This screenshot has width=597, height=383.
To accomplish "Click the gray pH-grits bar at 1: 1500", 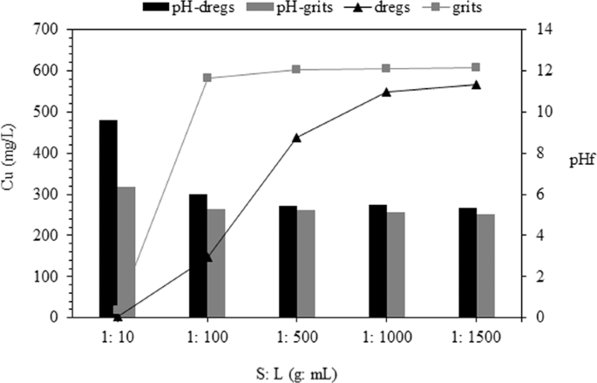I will [x=485, y=266].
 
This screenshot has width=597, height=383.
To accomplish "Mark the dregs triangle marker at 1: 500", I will [x=296, y=137].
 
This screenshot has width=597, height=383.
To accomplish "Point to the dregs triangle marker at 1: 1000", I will [x=386, y=92].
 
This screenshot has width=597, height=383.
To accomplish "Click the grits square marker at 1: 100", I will [x=207, y=78].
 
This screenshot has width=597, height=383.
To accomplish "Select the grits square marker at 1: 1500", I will [x=476, y=67].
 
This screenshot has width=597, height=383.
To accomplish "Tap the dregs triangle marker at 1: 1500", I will [x=476, y=84].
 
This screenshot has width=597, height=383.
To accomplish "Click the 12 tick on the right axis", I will [x=546, y=71].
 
